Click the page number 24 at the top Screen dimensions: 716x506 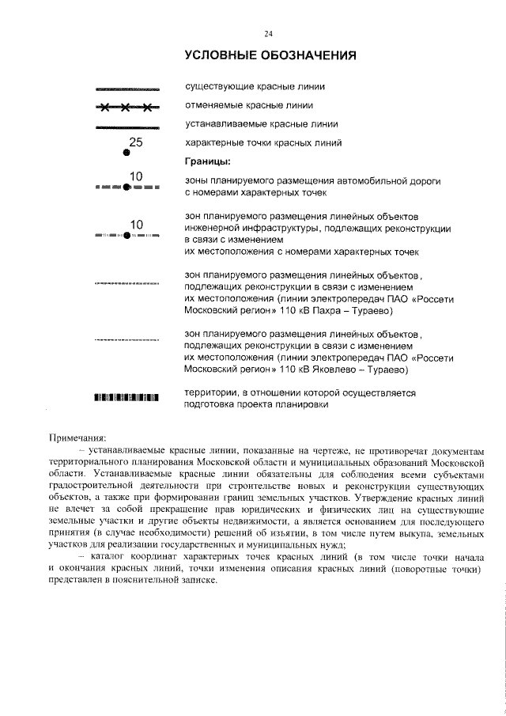[268, 33]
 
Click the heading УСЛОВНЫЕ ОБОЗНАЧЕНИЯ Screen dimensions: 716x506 [269, 55]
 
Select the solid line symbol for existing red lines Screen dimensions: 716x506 [126, 88]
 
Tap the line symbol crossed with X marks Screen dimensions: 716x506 [126, 107]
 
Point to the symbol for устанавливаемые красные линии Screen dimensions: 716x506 [126, 126]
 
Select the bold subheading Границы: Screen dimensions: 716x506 [207, 162]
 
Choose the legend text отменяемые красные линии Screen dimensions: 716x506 [249, 105]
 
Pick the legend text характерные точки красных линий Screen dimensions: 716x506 [263, 144]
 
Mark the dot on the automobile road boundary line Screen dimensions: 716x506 [126, 188]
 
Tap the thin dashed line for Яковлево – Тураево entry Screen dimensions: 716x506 [126, 340]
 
